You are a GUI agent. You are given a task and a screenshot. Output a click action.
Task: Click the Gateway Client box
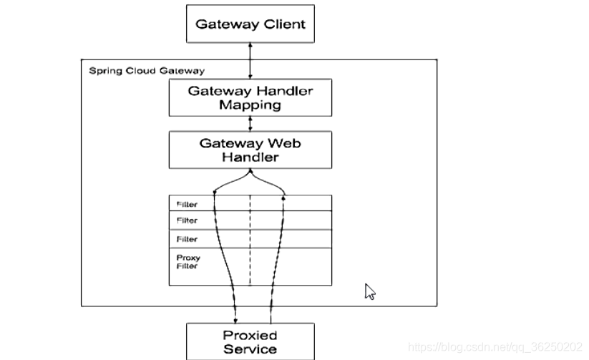click(250, 24)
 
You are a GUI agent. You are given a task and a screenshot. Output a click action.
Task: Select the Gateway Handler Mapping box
click(250, 97)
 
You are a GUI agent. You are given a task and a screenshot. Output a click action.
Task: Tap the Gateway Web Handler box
click(250, 150)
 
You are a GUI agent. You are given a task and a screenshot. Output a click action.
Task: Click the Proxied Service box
click(250, 341)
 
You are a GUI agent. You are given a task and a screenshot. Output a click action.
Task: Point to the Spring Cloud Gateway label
click(146, 71)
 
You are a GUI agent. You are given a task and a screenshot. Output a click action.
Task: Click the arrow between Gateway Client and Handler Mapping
click(250, 60)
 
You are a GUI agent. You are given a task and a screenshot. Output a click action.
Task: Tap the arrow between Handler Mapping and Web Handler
click(250, 123)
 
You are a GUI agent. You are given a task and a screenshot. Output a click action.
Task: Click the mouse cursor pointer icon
click(370, 291)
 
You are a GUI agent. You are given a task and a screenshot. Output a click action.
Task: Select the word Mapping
click(250, 105)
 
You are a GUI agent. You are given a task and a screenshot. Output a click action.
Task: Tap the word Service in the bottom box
click(250, 349)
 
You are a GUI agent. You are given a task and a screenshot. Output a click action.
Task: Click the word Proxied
click(250, 335)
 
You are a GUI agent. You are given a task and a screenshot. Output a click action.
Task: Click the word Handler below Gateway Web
click(250, 157)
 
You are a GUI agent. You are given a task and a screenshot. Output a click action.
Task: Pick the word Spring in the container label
click(102, 71)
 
